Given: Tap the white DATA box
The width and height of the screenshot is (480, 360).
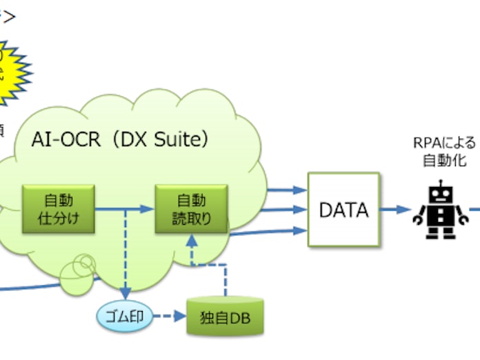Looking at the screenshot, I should [x=343, y=210].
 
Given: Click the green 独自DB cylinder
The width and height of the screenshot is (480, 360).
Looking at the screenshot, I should [x=225, y=318].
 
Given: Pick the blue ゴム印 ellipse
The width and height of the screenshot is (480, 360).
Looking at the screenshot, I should [x=124, y=317].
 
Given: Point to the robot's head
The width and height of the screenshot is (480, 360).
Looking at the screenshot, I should [x=439, y=194].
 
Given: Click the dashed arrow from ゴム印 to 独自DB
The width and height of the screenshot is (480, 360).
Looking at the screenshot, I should [x=170, y=317].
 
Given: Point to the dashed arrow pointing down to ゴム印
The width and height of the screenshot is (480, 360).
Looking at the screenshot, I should [x=126, y=255].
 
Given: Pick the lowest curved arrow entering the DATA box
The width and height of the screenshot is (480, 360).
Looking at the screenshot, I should [x=276, y=232].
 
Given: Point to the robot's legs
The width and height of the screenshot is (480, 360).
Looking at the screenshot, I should [x=439, y=232].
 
